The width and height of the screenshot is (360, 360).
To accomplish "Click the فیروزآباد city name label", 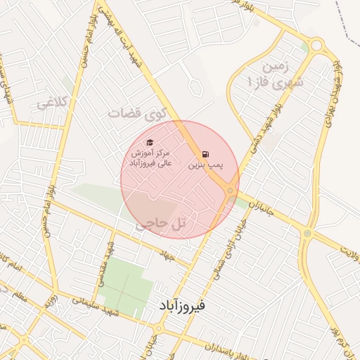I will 179,306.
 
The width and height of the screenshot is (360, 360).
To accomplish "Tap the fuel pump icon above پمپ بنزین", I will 205,154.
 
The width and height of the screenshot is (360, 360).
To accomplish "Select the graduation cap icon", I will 149,143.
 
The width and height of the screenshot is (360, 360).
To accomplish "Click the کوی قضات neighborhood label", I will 134,112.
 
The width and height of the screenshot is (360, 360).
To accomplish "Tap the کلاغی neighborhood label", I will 54,103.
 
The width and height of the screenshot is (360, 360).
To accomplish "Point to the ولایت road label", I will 349,249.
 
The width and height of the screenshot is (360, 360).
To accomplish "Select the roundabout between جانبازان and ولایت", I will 307,233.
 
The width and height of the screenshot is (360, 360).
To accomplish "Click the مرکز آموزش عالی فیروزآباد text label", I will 149,158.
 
